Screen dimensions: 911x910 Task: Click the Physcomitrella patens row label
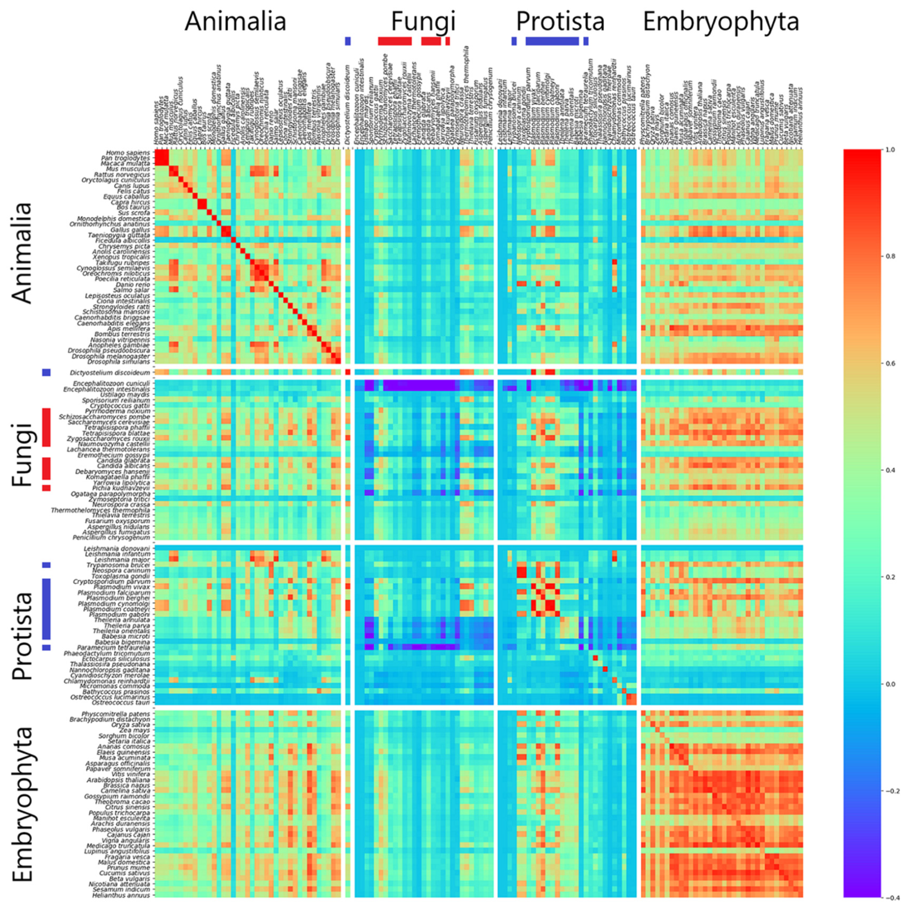click(x=115, y=714)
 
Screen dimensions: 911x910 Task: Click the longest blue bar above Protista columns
click(x=552, y=41)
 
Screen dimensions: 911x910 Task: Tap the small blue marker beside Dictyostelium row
click(x=46, y=373)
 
